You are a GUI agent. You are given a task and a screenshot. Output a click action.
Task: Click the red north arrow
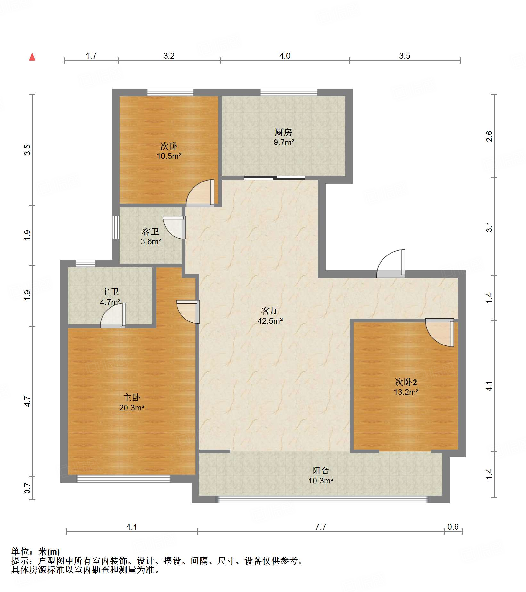32,57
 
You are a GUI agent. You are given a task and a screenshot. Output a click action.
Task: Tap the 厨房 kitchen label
284,132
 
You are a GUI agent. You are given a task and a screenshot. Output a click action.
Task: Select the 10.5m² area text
169,156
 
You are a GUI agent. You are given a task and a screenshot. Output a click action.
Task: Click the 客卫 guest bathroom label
151,231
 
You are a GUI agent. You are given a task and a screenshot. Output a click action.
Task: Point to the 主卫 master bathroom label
110,292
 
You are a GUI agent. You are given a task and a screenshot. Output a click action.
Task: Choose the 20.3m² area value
131,408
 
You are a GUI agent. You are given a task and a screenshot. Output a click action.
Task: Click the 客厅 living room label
270,311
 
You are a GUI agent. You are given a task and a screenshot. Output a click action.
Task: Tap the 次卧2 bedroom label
406,382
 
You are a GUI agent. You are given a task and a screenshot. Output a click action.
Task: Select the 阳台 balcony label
321,471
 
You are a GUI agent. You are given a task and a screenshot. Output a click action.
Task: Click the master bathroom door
113,315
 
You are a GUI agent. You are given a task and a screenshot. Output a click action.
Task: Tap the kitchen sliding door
275,178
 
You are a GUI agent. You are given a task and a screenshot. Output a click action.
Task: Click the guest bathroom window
116,227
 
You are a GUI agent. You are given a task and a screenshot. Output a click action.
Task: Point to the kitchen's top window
289,92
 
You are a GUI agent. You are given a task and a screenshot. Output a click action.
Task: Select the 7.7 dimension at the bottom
321,527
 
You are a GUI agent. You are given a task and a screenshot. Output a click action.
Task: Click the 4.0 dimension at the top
285,56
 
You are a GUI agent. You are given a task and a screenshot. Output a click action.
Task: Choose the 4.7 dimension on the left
28,401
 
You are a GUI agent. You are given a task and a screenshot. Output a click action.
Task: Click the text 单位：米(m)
36,552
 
